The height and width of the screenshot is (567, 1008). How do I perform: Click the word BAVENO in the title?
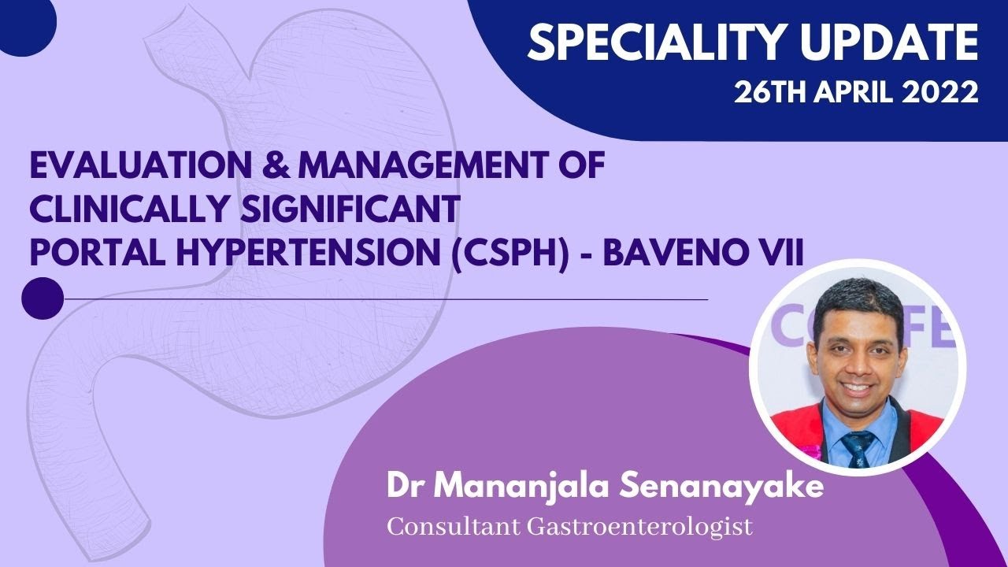[x=679, y=254]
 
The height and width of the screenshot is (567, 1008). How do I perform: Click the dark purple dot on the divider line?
[x=42, y=298]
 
